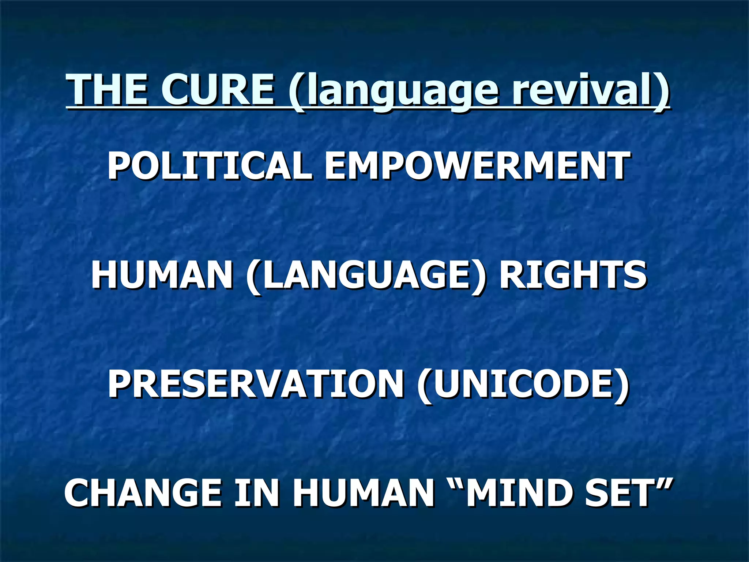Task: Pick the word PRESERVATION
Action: [256, 384]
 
